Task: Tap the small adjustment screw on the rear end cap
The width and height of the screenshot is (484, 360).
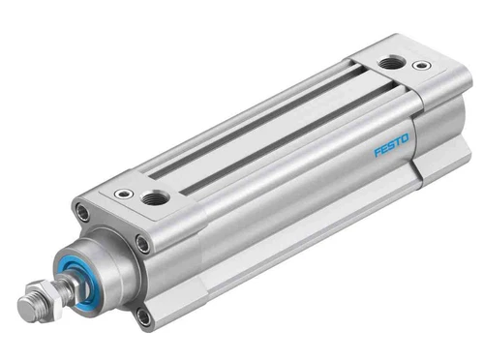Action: point(420,67)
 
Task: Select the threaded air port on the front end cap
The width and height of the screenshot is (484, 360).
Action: point(153,197)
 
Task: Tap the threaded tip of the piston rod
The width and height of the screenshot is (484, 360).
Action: point(25,309)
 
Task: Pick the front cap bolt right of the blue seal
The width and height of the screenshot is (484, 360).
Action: point(142,243)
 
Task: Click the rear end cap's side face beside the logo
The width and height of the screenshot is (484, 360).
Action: point(431,135)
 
